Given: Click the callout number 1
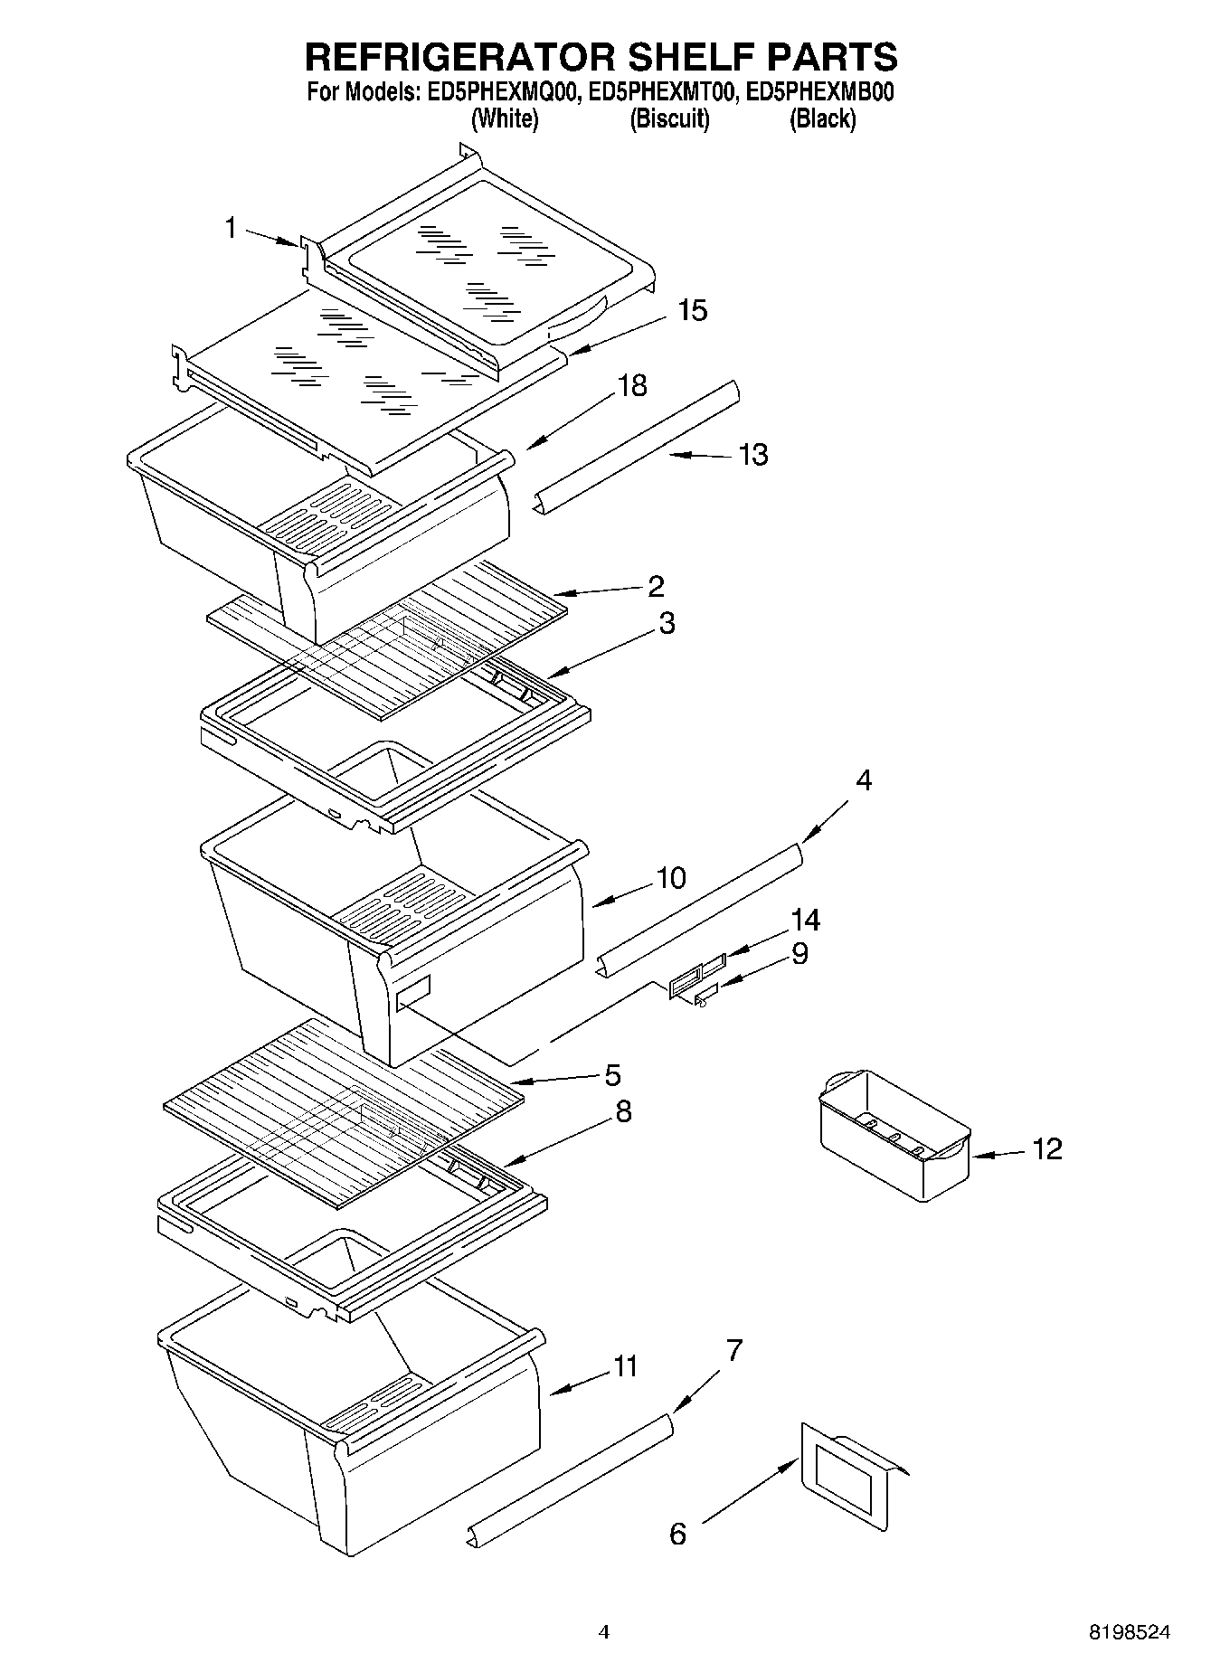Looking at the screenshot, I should tap(231, 228).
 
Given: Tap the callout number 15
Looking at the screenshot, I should tap(693, 310).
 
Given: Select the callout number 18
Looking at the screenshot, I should tap(632, 385).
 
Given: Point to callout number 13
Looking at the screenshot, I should tap(752, 454).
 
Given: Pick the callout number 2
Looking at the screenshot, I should tap(656, 586).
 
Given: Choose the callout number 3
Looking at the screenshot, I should tap(667, 623).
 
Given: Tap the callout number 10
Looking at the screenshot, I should tap(671, 877).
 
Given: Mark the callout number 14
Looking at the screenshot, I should tap(805, 921).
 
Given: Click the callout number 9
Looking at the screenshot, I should tap(799, 953).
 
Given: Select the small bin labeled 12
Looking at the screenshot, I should tap(894, 1137).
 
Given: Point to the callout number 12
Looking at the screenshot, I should tap(1046, 1149).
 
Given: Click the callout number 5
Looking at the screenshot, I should tap(612, 1075).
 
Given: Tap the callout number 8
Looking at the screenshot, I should tap(623, 1111).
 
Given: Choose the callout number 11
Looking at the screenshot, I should tap(626, 1365).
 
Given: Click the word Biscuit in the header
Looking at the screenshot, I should tap(669, 118).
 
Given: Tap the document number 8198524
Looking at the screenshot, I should tap(1129, 1632).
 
